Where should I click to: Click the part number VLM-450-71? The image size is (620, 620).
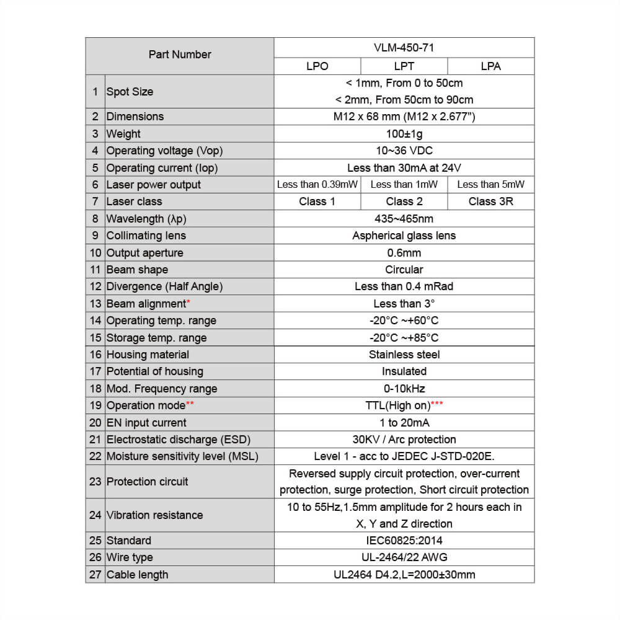(404, 47)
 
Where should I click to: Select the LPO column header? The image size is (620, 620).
(317, 66)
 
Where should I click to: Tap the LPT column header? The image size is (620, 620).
(404, 66)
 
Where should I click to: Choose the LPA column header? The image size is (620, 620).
(490, 66)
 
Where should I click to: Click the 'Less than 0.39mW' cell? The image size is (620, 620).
(317, 184)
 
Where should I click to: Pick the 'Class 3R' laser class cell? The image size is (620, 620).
(490, 201)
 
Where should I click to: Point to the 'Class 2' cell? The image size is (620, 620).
(404, 201)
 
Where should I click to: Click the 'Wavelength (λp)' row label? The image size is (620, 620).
(146, 219)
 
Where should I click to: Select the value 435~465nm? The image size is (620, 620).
(404, 219)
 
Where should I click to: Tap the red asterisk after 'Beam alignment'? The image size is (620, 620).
(188, 302)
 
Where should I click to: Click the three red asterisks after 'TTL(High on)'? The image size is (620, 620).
(437, 404)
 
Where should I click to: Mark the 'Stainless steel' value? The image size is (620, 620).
(404, 355)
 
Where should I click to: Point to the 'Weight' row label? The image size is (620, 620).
(123, 134)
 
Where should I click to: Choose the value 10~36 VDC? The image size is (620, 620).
(404, 151)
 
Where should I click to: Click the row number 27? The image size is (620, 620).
(95, 575)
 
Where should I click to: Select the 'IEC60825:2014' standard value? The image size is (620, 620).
(404, 541)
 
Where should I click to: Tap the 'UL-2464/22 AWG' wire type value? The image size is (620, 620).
(404, 557)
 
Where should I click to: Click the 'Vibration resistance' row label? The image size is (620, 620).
(154, 515)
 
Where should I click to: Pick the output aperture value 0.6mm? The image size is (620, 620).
(404, 253)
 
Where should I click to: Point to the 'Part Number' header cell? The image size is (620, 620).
(180, 55)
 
